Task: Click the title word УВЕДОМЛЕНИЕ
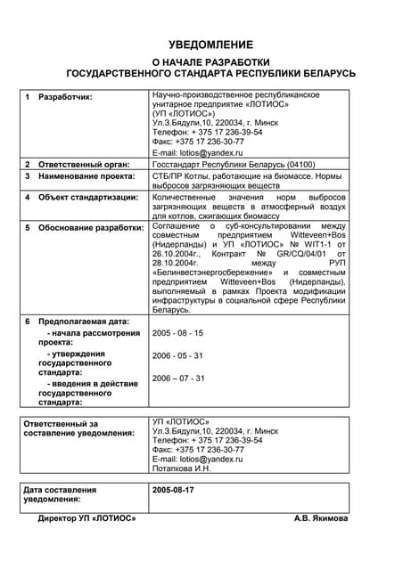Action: coord(210,45)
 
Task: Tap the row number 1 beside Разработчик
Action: coord(28,96)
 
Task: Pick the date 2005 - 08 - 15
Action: coord(178,333)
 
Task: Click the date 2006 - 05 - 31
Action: coord(178,355)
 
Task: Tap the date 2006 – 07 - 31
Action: coord(179,379)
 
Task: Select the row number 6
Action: coord(28,321)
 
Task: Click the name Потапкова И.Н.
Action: coord(182,468)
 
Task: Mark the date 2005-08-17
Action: coord(173,491)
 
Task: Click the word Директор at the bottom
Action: coord(57,518)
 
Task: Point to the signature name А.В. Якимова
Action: coord(321,518)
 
